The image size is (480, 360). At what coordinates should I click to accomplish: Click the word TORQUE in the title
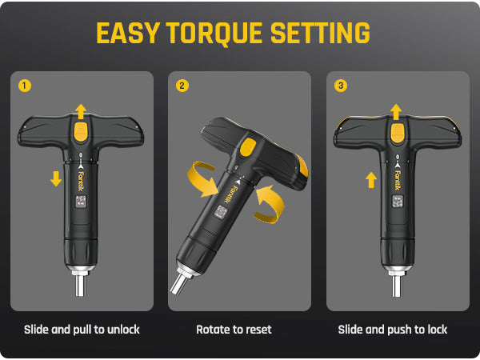coord(214,33)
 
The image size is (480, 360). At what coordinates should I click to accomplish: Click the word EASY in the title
coord(128,33)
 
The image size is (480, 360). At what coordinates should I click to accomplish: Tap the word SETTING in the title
coord(320,33)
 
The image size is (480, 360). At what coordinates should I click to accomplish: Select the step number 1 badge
coord(25,86)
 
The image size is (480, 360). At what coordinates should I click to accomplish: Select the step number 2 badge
coord(182,86)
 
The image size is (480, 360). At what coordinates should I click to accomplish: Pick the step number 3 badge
coord(341,86)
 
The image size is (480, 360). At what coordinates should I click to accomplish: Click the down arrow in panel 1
coord(56,178)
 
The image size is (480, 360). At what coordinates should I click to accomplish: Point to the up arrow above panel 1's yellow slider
coord(81,112)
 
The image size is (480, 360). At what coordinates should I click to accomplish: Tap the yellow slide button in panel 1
coord(81,131)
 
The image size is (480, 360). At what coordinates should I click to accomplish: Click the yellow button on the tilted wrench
coord(248,147)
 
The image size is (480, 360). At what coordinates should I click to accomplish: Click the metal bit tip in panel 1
coord(80,286)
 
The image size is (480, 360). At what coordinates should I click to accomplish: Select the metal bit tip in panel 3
coord(397,286)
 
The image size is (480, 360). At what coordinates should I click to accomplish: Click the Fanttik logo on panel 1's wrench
coord(81,181)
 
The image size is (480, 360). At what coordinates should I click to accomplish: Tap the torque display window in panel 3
coord(398,202)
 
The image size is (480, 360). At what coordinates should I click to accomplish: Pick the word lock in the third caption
coord(437,330)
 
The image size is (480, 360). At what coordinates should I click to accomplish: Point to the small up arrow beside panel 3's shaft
coord(371,180)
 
